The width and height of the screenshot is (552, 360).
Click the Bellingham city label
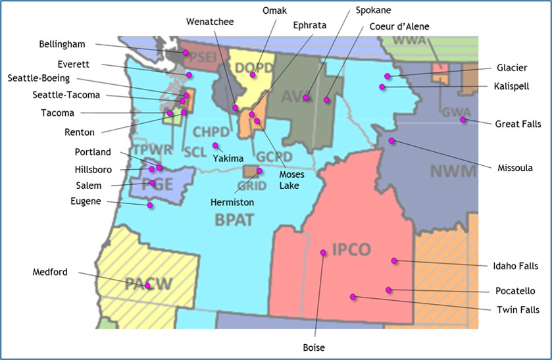(63, 44)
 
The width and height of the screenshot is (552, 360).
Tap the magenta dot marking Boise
(323, 253)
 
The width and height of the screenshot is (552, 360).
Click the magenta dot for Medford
(148, 286)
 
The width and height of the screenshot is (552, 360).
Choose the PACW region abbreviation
(148, 284)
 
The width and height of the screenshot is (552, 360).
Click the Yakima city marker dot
(214, 145)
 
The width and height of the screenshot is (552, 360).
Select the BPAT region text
(234, 220)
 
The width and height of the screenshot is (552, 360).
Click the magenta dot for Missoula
(391, 141)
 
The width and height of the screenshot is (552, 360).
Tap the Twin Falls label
(516, 309)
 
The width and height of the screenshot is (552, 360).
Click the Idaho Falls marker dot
(394, 261)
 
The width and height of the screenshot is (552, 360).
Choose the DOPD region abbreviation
(249, 66)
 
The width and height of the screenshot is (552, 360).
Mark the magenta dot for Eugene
(150, 206)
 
